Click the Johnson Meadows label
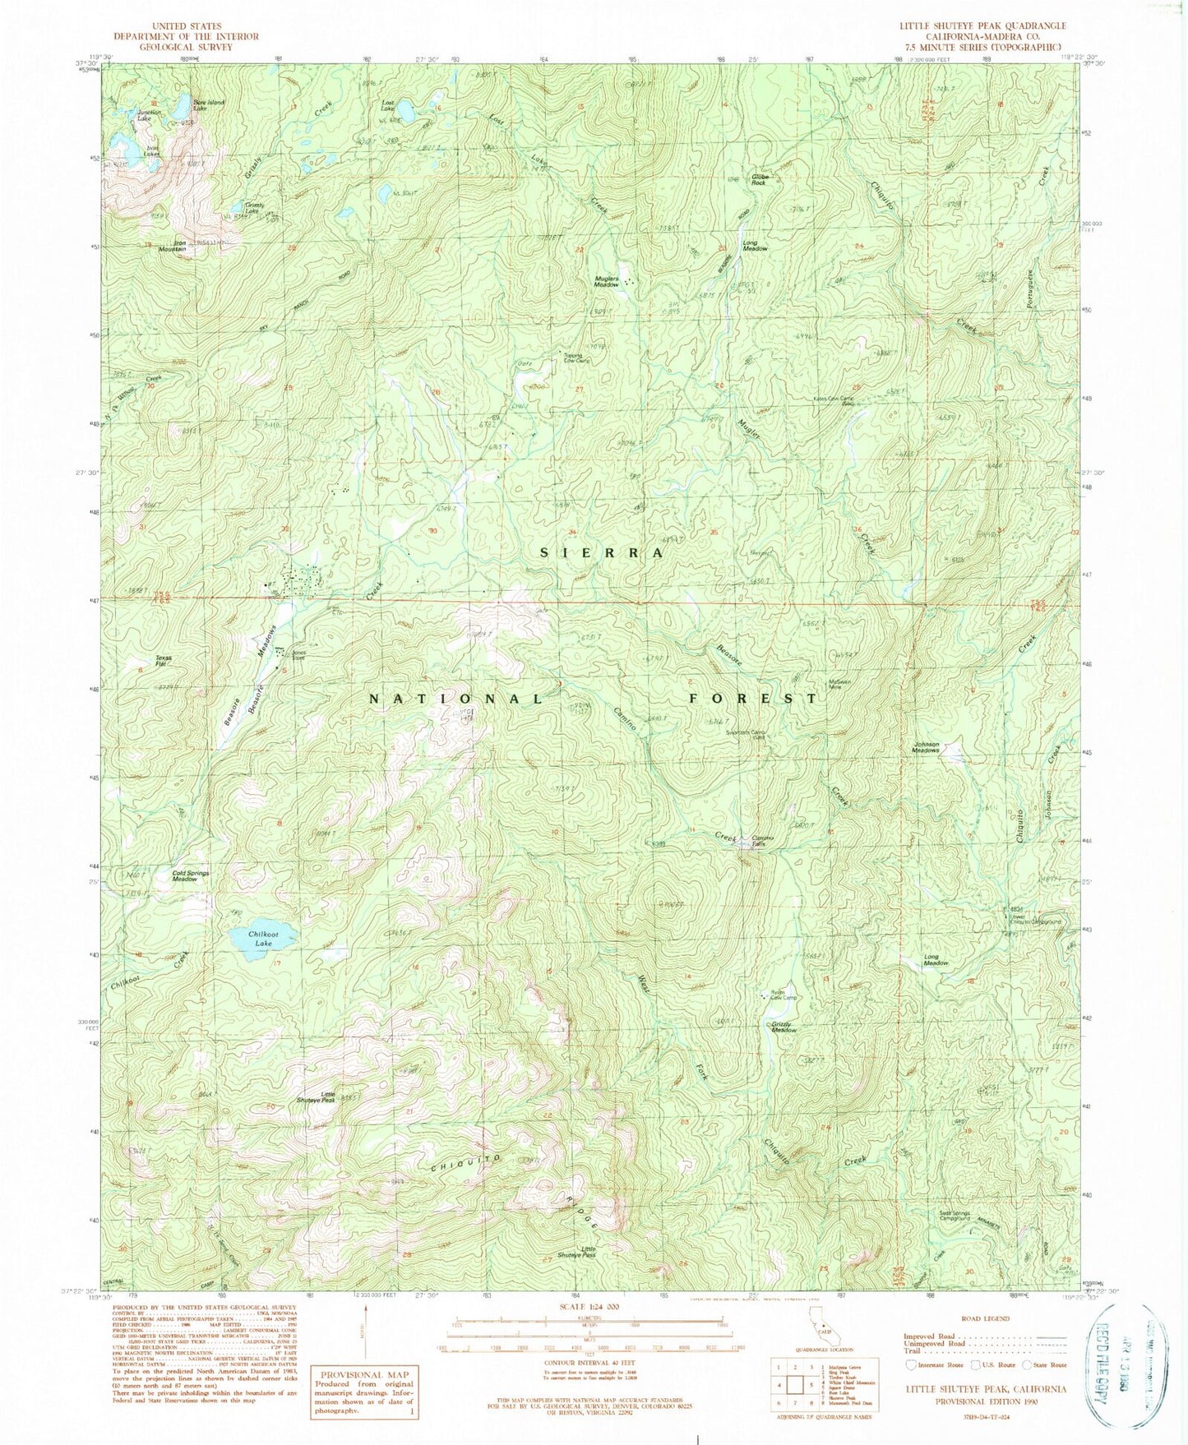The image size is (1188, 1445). tap(926, 747)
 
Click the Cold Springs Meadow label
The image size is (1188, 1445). tap(190, 876)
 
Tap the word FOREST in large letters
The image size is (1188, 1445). tap(753, 698)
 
